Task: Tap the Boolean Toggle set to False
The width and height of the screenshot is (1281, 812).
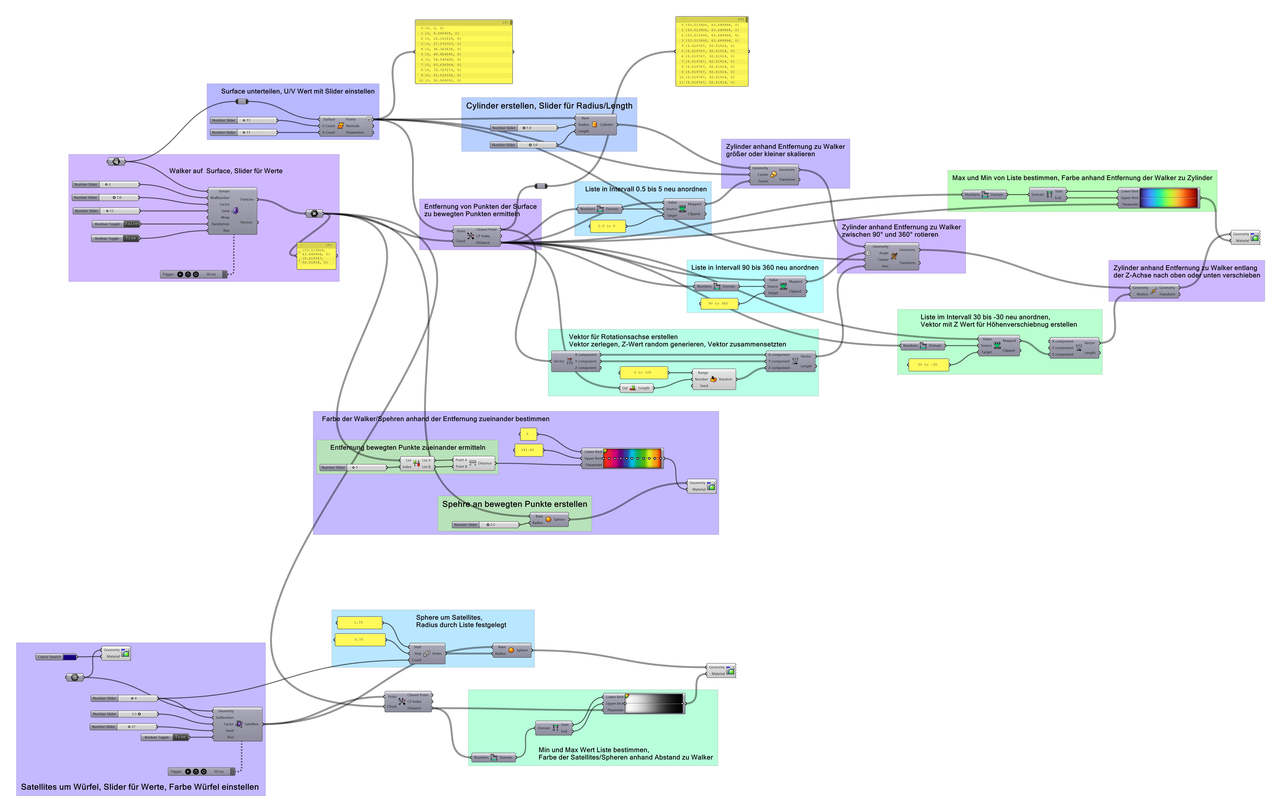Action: [x=117, y=224]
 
